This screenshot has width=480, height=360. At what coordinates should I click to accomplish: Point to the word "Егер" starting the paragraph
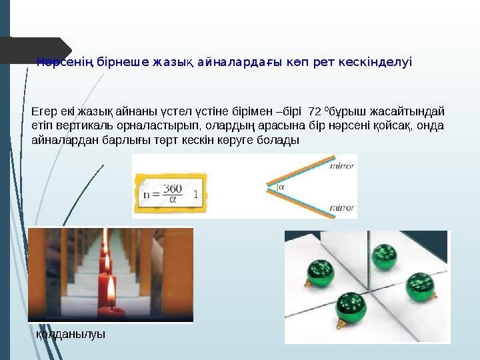tap(43, 110)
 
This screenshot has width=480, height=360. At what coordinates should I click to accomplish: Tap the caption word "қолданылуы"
tap(70, 334)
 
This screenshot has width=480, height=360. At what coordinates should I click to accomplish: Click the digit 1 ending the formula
tap(195, 195)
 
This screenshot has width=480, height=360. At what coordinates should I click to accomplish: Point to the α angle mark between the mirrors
tap(280, 188)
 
